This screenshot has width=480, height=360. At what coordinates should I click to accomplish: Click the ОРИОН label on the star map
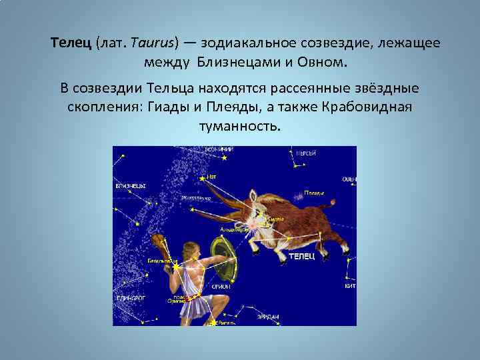pos(221,286)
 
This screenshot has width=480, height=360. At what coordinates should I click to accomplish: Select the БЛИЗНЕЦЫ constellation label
pos(131,186)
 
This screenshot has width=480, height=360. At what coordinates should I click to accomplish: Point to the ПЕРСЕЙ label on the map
pos(306,153)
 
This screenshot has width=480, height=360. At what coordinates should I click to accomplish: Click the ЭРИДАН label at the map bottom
pos(267,316)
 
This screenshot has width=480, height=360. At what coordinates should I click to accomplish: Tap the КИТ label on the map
pos(350,285)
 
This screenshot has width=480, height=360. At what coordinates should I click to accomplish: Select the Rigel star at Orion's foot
pos(213,323)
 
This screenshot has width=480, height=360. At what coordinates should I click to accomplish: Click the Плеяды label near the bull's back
pos(314,193)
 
